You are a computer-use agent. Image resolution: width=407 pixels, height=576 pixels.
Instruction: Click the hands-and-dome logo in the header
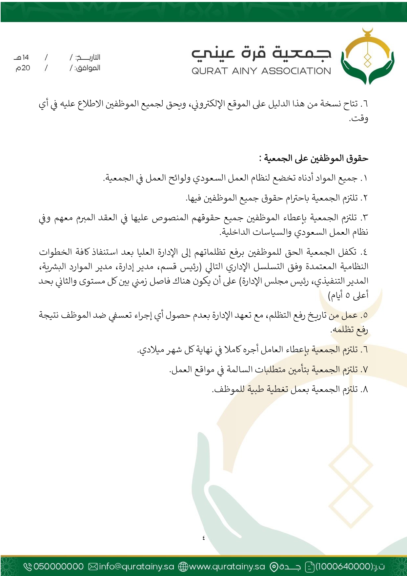pos(367,56)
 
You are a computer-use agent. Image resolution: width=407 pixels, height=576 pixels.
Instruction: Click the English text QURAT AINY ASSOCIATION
pos(261,71)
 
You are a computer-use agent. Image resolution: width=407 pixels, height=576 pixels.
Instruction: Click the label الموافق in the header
pos(88,68)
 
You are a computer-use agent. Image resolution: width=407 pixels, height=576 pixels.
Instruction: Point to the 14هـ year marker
pos(22,57)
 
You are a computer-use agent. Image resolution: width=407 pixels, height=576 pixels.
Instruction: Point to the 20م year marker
pos(23,68)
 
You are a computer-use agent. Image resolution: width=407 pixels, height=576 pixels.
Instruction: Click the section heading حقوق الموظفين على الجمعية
pos(314,158)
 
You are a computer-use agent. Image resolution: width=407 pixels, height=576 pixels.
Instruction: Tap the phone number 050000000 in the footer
pos(58,566)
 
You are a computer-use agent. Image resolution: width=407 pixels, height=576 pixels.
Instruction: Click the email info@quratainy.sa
pos(136,566)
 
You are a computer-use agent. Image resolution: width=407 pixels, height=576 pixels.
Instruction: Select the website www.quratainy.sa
pos(227,566)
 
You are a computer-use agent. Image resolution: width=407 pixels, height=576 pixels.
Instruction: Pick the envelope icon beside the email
pos(93,566)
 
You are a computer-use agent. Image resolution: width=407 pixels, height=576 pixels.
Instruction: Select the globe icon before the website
pos(183,566)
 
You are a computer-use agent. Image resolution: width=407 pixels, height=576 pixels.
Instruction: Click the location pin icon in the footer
pos(274,566)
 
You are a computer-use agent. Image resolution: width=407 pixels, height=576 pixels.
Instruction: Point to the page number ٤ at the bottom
pos(203,538)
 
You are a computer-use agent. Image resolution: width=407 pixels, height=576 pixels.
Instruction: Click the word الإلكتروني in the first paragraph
pos(206,104)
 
